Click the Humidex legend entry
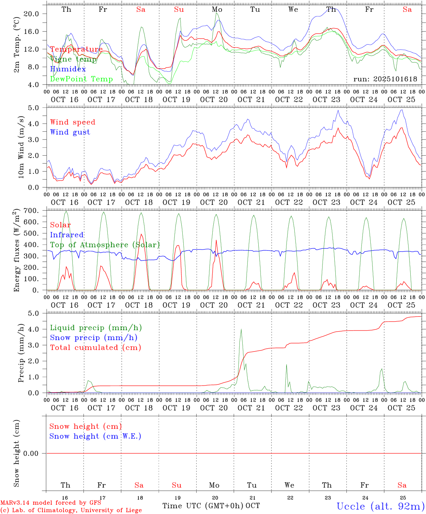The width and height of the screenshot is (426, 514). click(68, 69)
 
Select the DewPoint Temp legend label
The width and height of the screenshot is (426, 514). click(81, 79)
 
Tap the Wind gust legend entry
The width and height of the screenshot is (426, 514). click(70, 132)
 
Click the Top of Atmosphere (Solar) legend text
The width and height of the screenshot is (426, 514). click(105, 245)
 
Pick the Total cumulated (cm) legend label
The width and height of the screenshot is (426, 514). click(95, 347)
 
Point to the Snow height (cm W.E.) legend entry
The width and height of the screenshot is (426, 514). click(95, 436)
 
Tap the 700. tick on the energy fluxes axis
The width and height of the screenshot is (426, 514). click(31, 211)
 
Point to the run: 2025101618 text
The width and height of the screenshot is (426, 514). click(385, 79)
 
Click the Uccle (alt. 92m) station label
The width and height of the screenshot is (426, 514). click(380, 506)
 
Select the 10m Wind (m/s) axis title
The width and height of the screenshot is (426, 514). click(21, 147)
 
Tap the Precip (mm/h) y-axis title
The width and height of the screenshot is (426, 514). click(21, 352)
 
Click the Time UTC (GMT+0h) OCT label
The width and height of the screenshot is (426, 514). click(211, 506)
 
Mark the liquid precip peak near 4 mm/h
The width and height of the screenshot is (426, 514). click(241, 329)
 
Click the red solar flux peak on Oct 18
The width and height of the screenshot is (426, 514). click(141, 234)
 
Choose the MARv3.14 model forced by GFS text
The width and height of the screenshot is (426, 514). click(51, 503)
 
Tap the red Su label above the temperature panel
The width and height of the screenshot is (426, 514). click(179, 10)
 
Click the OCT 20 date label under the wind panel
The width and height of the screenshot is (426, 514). click(214, 202)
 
